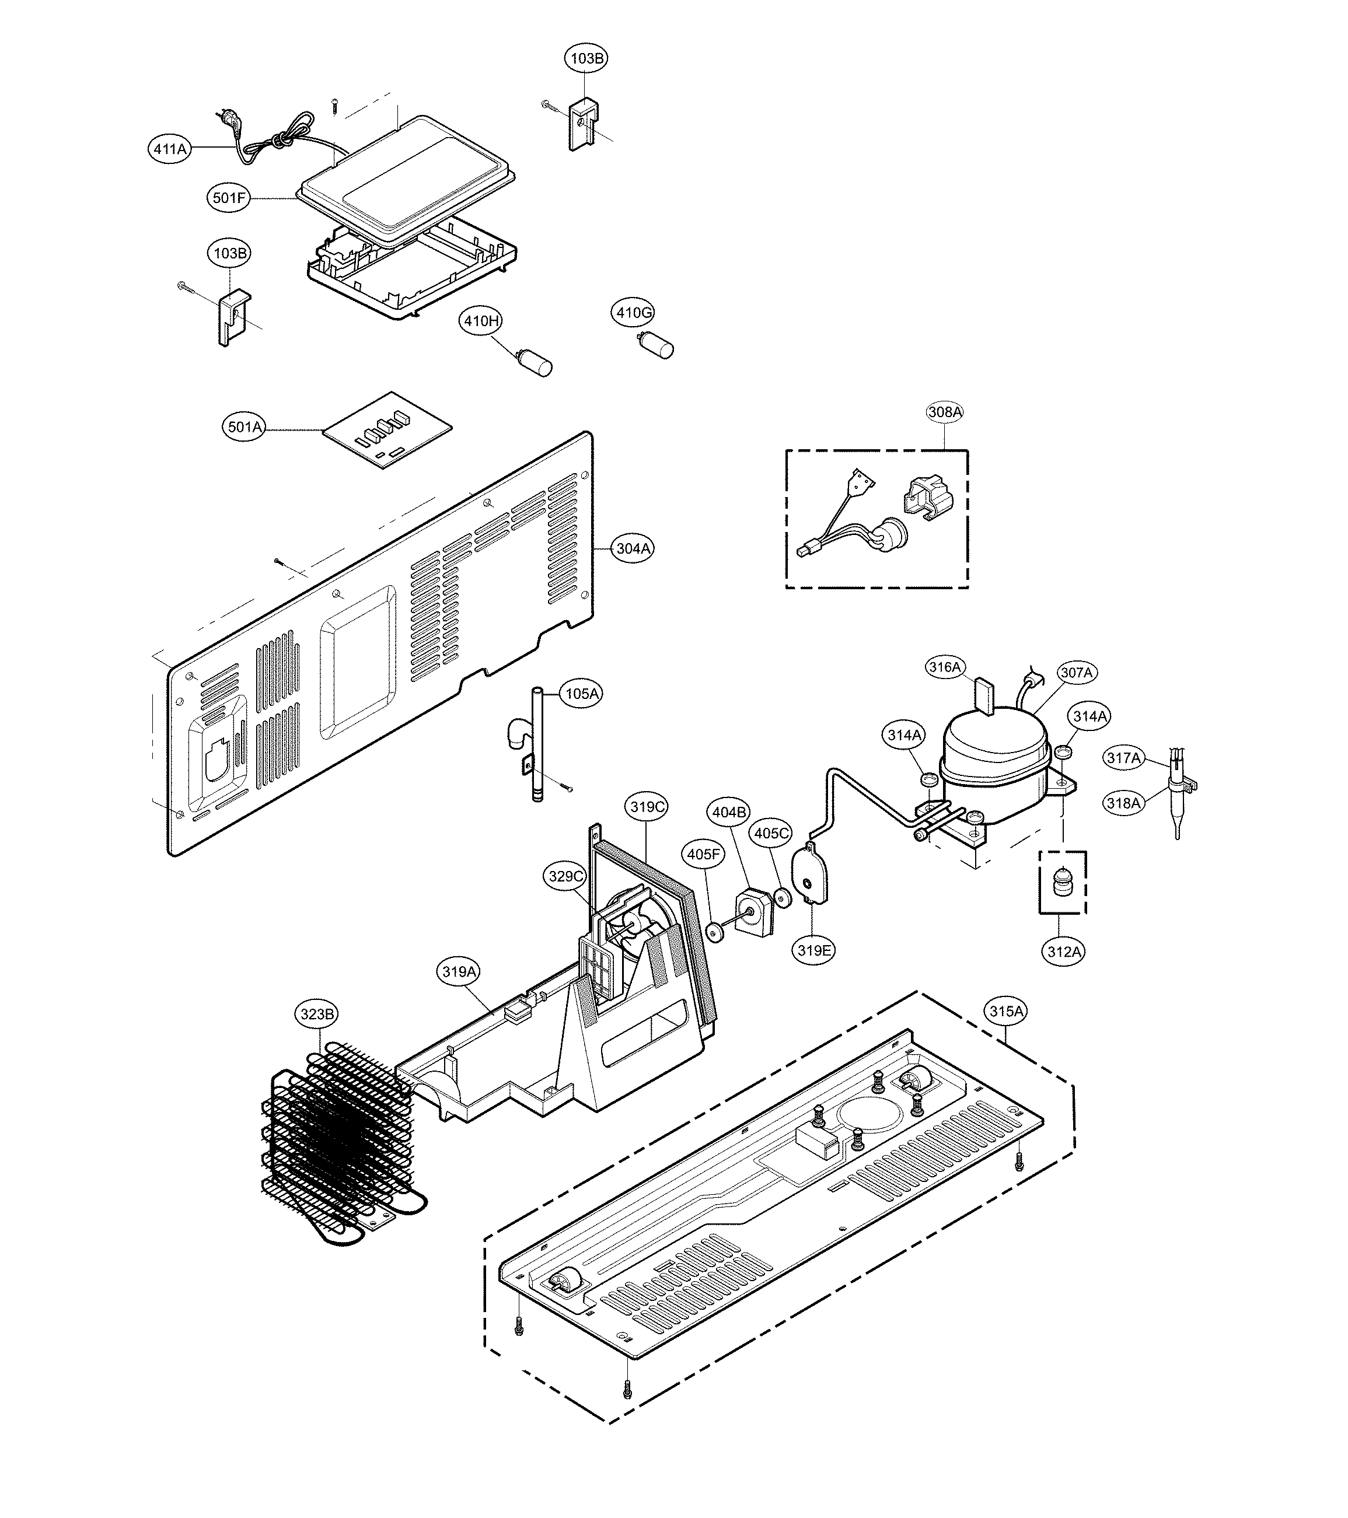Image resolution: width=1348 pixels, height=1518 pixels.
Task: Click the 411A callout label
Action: click(x=169, y=149)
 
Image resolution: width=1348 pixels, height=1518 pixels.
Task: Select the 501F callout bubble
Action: click(x=229, y=198)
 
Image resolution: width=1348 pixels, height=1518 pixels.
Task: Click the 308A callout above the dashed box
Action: click(x=945, y=411)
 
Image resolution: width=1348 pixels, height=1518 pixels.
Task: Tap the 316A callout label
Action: click(x=945, y=667)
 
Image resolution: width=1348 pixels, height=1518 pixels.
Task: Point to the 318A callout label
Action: click(x=1123, y=803)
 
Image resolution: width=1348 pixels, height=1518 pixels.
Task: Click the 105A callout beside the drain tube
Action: click(x=582, y=693)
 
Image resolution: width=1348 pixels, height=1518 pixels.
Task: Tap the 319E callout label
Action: click(x=813, y=950)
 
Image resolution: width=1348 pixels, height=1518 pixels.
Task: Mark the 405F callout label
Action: click(x=703, y=854)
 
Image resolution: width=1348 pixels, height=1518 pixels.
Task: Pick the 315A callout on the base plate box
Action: click(x=1007, y=1011)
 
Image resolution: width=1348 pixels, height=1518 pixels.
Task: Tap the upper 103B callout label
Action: click(x=586, y=58)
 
